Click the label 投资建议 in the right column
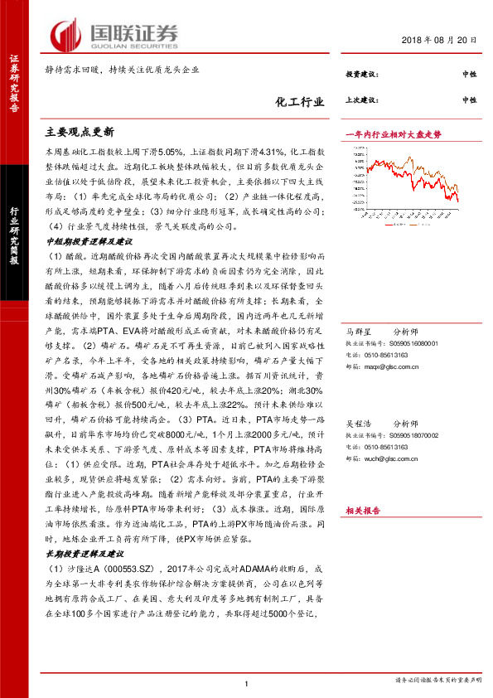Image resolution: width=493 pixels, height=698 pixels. click(x=362, y=75)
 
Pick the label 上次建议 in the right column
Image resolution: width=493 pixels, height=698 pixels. click(x=362, y=99)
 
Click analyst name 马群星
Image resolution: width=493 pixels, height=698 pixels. click(x=359, y=332)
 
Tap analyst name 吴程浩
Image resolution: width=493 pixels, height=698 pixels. click(x=359, y=422)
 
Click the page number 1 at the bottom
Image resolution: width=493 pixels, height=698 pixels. click(x=247, y=683)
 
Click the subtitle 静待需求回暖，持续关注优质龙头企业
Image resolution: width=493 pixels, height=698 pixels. click(x=122, y=71)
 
